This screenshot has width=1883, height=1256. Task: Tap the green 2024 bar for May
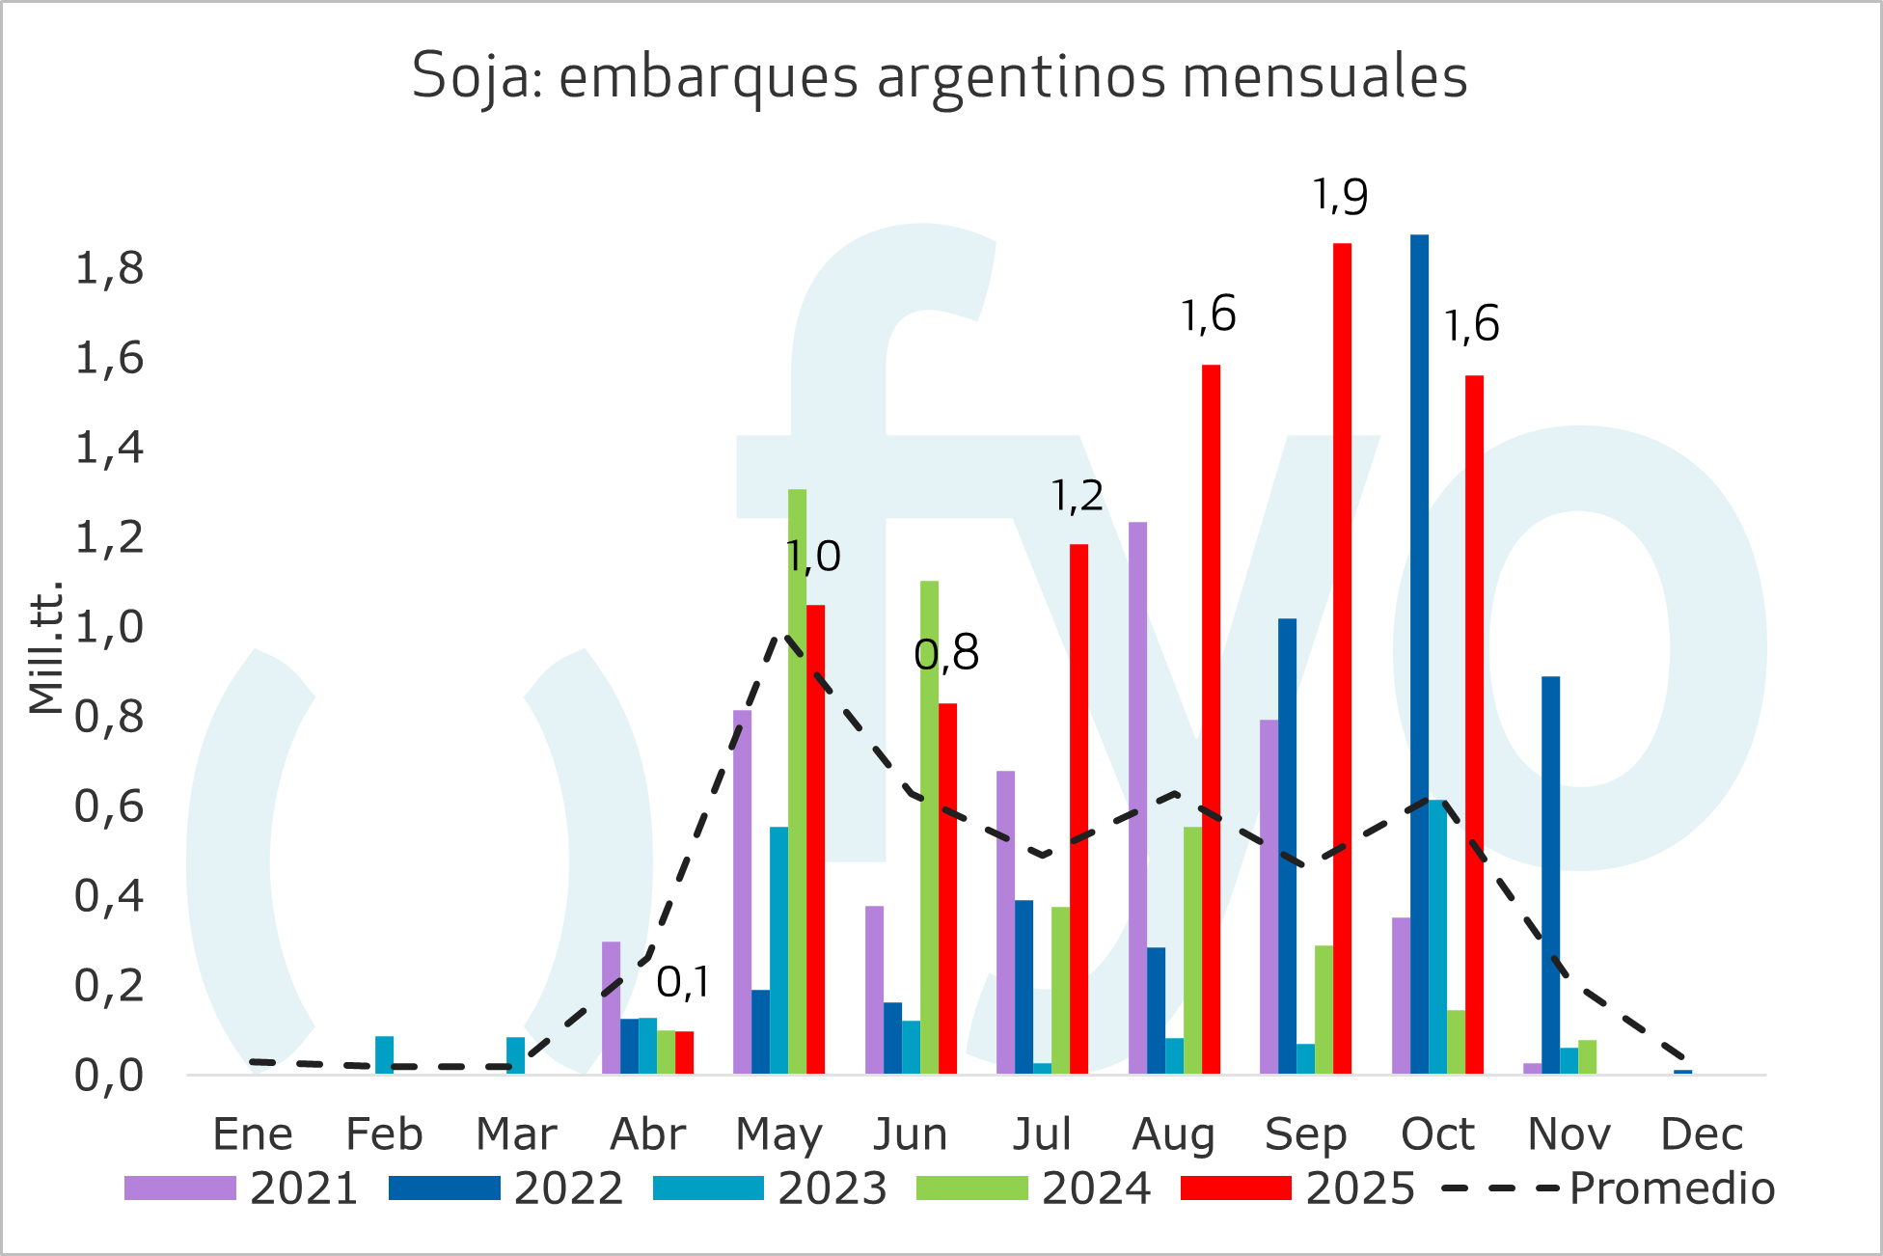[797, 781]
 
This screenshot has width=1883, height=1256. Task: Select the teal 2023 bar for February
[384, 1054]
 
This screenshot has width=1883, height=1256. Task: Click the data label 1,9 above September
[1340, 196]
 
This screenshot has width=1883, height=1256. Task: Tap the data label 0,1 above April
[683, 983]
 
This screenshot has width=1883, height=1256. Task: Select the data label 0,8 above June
[946, 654]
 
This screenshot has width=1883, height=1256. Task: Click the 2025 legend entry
[1297, 1188]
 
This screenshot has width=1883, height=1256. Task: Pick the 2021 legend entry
[241, 1188]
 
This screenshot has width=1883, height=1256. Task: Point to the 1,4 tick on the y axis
[110, 449]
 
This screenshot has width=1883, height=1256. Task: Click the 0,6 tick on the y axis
[110, 807]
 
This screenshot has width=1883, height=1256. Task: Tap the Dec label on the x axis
[1702, 1134]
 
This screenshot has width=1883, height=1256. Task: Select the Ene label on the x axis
[253, 1134]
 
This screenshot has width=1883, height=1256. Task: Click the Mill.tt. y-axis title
[46, 648]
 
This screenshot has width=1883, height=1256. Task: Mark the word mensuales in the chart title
[1324, 76]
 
